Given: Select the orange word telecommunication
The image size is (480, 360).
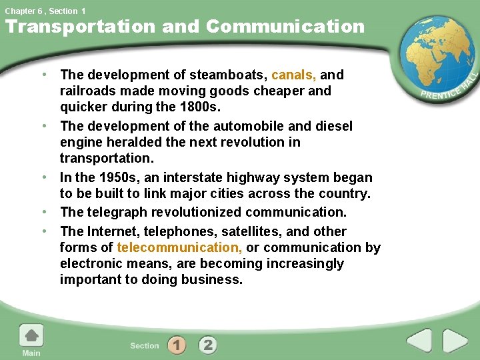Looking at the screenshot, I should coord(179,248).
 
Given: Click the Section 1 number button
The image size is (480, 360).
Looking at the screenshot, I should coord(176,345).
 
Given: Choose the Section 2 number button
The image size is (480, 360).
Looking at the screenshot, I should coord(207,345).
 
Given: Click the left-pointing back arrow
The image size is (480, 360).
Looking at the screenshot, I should coord(419,341).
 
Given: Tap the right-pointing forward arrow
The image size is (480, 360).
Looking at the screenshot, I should coord(456,341).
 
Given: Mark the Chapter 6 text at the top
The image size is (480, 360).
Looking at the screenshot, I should coord(23,11).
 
